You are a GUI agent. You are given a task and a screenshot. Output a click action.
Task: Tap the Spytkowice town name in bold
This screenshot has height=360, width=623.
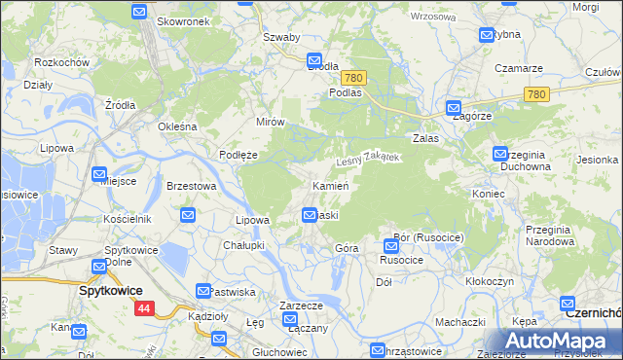111,291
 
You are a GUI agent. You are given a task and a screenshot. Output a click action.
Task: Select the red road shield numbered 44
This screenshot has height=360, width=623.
144,308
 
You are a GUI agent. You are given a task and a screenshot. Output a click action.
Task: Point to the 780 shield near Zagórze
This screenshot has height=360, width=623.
534,94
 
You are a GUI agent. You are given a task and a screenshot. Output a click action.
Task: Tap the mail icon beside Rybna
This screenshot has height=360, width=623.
487,35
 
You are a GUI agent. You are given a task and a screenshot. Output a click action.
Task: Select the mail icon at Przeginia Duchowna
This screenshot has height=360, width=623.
500,154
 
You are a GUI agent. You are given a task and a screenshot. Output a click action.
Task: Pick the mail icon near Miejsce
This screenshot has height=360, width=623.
99,175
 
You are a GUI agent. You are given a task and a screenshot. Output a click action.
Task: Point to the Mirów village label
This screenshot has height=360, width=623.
270,123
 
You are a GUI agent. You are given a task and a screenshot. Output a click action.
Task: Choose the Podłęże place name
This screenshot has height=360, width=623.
238,154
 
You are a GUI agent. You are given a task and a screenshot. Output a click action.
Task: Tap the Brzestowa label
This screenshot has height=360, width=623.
191,186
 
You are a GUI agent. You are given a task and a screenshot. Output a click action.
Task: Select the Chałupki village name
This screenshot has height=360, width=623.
244,245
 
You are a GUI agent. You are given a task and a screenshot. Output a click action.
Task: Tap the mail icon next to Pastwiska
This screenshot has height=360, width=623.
203,291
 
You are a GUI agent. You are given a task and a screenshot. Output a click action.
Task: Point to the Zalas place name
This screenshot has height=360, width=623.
426,138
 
